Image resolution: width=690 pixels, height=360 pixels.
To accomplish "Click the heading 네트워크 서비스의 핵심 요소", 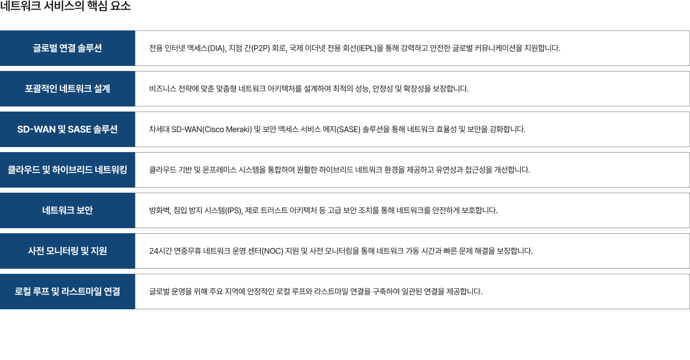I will pos(65,7).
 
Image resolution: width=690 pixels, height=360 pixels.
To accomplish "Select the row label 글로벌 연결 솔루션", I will pos(67,48).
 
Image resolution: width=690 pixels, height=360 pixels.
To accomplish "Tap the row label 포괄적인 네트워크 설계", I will pos(67,89).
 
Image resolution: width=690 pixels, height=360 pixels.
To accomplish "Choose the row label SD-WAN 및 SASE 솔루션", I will pos(67,129).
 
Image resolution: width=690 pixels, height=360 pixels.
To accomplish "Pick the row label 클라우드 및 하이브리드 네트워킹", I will pos(67,170).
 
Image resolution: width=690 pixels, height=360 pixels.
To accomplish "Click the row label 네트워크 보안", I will pos(67,210).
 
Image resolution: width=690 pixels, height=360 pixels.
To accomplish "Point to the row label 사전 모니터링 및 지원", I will pos(67,251).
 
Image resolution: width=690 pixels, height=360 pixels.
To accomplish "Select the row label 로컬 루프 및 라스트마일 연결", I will pos(67,292).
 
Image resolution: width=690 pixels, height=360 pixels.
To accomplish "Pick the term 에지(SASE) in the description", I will pos(344,129).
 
